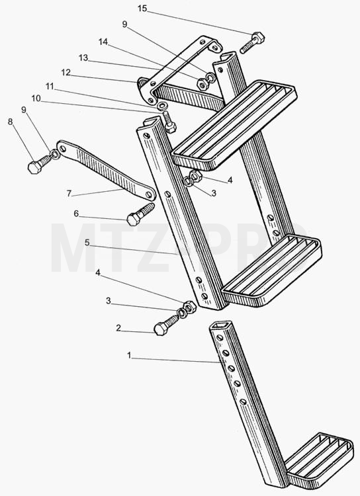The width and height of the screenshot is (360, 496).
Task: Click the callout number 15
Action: tap(142, 9)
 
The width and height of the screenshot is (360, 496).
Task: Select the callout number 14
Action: tap(103, 42)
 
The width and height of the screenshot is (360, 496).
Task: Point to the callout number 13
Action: tap(83, 58)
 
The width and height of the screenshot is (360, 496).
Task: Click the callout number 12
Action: tap(66, 73)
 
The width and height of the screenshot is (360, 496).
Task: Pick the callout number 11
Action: tap(50, 86)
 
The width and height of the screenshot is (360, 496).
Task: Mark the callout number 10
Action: tap(36, 99)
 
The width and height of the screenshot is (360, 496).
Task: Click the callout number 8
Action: tap(11, 122)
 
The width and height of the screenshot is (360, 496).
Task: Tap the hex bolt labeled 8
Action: tap(40, 163)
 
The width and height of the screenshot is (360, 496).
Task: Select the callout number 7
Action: tap(69, 193)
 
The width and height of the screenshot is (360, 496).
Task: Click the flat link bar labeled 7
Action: tap(106, 171)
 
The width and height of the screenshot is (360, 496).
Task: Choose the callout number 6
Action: tap(76, 214)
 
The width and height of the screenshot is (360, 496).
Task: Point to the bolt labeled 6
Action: tap(140, 214)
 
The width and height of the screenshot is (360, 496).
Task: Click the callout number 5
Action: tap(87, 243)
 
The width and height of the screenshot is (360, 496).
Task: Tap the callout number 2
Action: tap(118, 328)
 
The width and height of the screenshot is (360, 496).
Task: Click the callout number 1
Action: tap(129, 356)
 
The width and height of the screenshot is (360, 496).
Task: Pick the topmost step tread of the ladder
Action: tap(234, 125)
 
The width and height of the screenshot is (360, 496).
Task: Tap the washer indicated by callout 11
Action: tap(162, 105)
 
